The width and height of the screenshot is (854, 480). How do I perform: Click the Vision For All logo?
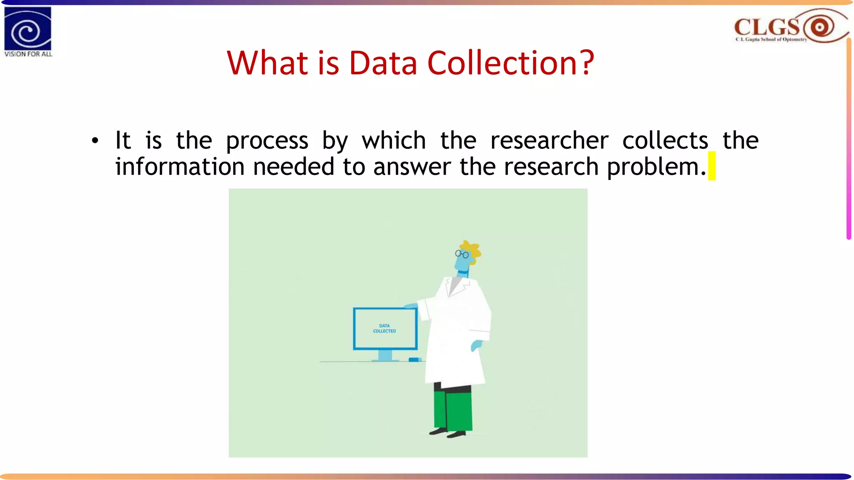tap(28, 32)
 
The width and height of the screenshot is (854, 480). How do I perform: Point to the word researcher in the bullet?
tap(549, 140)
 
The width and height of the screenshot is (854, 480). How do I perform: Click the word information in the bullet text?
tap(180, 167)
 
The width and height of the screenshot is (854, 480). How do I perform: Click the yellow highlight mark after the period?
tap(712, 166)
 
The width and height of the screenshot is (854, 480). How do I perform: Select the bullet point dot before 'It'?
tap(95, 141)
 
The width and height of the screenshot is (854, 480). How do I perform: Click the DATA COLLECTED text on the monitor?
tap(384, 328)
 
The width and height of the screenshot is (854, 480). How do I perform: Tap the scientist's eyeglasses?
tap(462, 254)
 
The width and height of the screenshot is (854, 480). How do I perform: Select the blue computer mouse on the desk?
tap(414, 360)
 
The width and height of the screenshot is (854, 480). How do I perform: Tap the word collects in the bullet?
tap(665, 140)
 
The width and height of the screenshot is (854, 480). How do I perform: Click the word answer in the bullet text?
tap(412, 167)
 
